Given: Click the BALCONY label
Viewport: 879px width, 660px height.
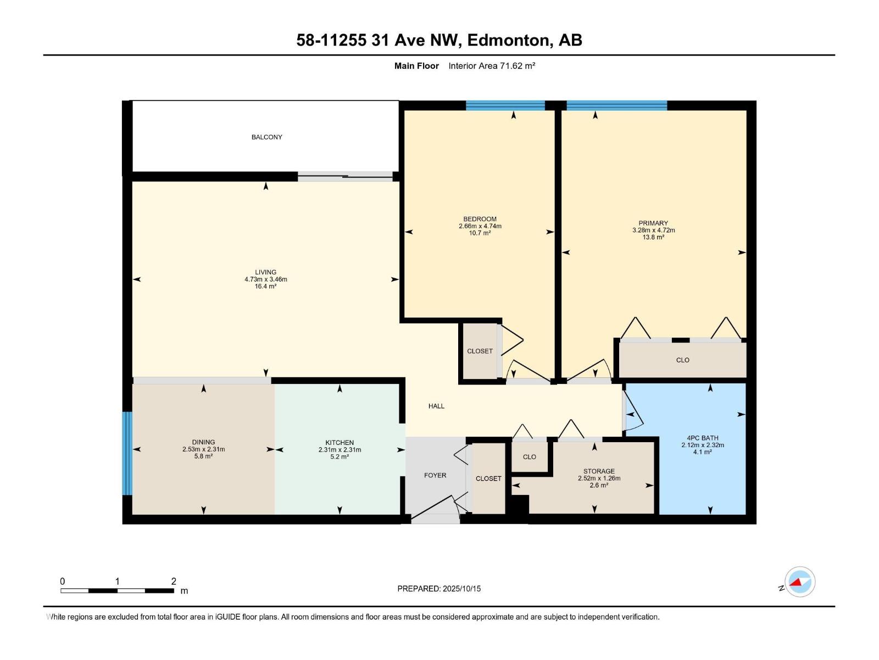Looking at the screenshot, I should (x=266, y=137).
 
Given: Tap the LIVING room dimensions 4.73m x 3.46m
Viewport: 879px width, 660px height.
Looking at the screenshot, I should (x=266, y=279).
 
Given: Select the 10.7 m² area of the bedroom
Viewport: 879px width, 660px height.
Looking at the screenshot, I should (x=480, y=233).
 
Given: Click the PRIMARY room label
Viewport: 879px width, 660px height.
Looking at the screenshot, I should (x=653, y=223).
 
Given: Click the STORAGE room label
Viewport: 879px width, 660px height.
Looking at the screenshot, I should (x=599, y=471).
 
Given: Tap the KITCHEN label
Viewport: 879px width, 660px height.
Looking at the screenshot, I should (x=340, y=443).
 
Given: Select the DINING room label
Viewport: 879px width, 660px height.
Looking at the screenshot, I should (x=203, y=442).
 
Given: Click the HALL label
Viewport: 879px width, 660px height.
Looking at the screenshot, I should (x=436, y=406).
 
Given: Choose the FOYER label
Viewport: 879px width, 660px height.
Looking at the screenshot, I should (x=435, y=475).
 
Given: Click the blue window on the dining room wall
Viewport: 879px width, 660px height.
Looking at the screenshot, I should (x=127, y=453).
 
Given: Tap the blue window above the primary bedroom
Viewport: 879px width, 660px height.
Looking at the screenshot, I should (x=616, y=106).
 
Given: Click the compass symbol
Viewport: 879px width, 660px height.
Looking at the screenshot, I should (x=800, y=582).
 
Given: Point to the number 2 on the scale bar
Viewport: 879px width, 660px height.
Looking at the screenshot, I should (x=174, y=581).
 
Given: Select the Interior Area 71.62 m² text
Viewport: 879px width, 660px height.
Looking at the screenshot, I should (x=492, y=66).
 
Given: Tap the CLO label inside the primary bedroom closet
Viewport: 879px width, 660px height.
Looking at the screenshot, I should (x=682, y=360).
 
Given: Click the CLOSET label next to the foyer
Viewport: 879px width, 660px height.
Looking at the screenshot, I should (x=488, y=479).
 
